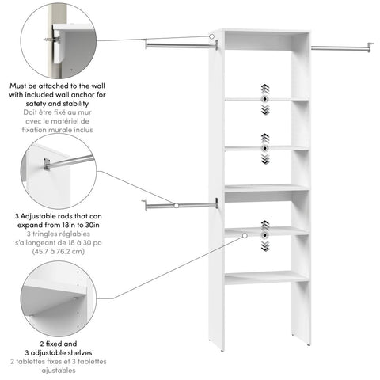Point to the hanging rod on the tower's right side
(340, 48)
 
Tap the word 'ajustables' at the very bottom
(59, 370)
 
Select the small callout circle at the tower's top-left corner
(212, 36)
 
